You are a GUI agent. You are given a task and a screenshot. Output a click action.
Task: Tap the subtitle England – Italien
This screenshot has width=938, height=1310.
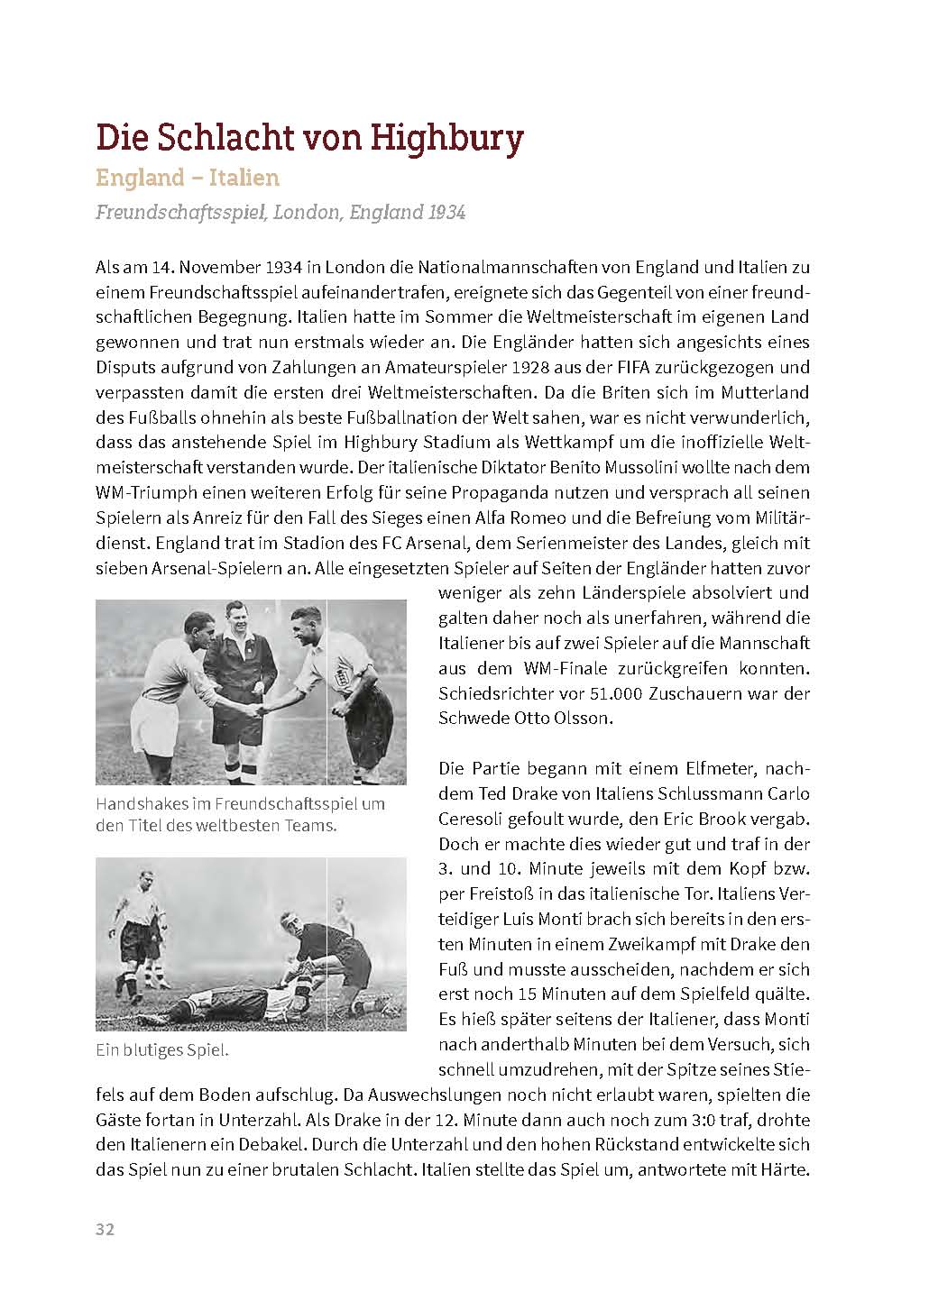click(x=188, y=178)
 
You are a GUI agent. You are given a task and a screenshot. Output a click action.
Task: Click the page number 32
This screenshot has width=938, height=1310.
click(x=105, y=1230)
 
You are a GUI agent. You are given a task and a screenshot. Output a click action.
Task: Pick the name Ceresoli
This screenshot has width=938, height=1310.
click(x=475, y=820)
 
